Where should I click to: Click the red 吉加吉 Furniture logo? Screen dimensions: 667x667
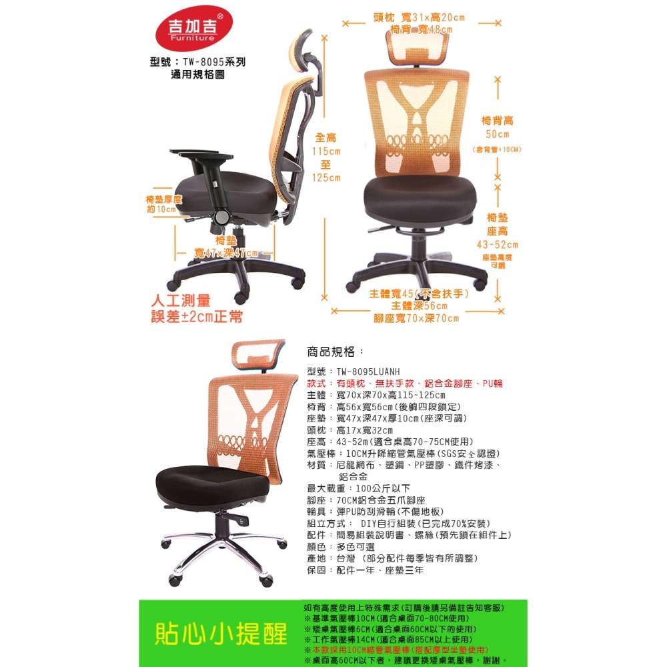coord(194,33)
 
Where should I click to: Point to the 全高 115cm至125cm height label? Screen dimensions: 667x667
coord(326,157)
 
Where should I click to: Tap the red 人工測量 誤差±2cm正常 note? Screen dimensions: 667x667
coord(197,308)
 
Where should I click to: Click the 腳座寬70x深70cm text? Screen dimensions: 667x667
coord(416,318)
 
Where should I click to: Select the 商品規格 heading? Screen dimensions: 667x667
coord(336,352)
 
